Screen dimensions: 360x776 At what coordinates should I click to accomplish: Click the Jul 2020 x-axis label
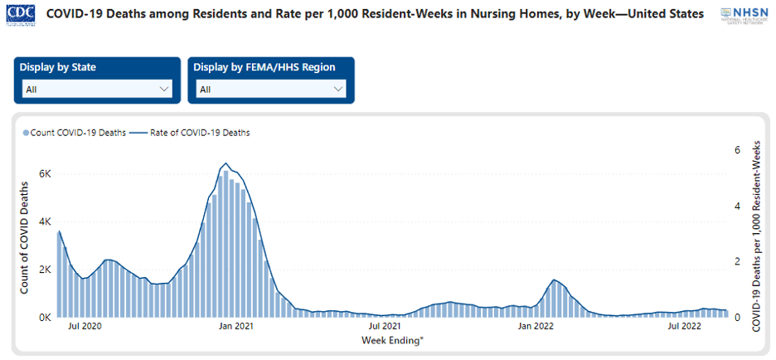(85, 328)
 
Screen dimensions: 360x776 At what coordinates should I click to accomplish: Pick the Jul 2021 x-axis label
(386, 328)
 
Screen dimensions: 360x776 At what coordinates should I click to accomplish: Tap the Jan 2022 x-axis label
(536, 328)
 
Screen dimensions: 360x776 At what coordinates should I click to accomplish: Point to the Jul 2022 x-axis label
(686, 328)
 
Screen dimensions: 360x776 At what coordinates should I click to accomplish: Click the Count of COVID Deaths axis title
(25, 241)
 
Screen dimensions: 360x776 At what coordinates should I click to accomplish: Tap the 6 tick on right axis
(736, 150)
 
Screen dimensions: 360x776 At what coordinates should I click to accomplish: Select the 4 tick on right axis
(736, 206)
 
